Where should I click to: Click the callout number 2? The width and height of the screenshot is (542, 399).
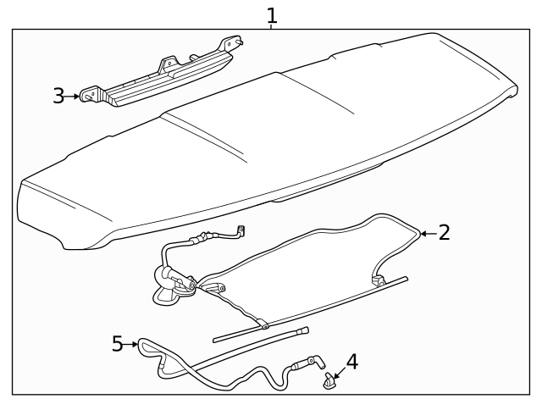[445, 232]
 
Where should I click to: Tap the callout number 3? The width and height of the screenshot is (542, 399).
[58, 96]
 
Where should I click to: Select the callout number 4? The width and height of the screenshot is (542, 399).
[351, 362]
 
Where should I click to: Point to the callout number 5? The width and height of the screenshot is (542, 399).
[118, 344]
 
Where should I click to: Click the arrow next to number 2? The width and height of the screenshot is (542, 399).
[428, 232]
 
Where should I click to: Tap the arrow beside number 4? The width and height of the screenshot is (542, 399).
[336, 372]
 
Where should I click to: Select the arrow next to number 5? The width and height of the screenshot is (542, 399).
[132, 344]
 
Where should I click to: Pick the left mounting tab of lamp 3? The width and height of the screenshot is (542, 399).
[90, 97]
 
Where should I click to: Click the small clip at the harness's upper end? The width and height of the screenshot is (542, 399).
[241, 230]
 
